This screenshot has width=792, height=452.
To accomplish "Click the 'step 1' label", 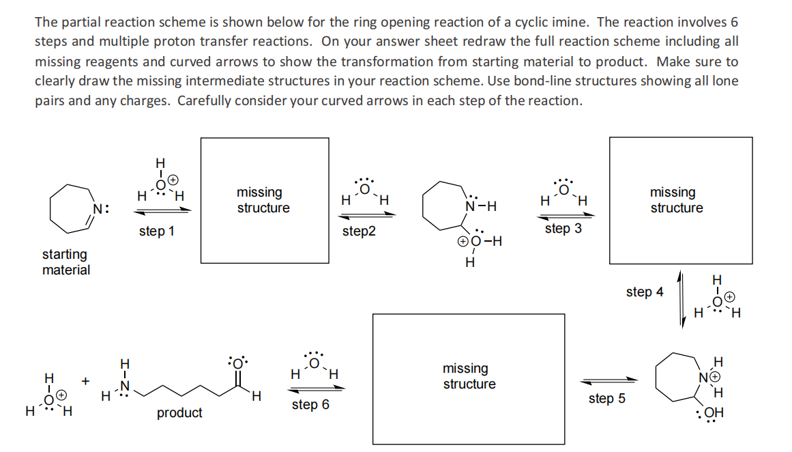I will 156,231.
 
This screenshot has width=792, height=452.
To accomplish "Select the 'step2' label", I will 359,231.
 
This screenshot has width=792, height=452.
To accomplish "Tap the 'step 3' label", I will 563,229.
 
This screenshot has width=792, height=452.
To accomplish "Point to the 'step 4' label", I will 644,292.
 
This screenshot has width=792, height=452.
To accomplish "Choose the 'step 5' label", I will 606,398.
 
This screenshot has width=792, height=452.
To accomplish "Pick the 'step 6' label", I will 310,404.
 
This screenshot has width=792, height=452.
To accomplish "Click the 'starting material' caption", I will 65,262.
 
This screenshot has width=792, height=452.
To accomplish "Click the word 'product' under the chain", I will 179,412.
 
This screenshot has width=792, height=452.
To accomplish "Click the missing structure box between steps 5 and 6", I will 468,378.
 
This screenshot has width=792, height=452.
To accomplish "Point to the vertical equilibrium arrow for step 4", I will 681,298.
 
